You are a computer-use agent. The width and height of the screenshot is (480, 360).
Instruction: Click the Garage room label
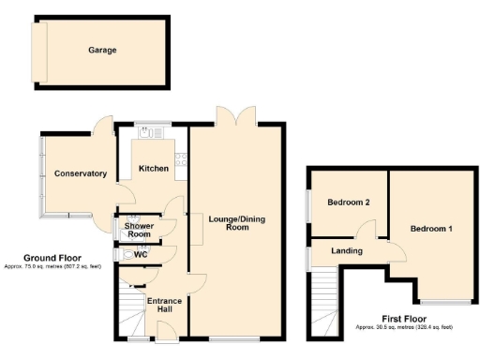[103, 50]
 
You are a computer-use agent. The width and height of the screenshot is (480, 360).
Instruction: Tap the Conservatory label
[80, 173]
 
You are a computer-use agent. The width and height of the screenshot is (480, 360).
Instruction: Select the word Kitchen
[154, 169]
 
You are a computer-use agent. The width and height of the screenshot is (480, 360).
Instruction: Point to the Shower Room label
[139, 230]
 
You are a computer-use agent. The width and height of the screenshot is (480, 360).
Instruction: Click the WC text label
[141, 254]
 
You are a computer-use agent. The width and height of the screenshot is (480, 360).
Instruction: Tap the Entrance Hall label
[165, 304]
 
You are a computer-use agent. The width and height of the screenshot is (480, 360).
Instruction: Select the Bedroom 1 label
[431, 229]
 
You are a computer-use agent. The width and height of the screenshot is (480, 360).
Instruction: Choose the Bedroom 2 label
[348, 202]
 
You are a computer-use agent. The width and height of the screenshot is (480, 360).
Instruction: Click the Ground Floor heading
[51, 258]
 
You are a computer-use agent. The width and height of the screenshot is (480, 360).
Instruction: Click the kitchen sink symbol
[149, 133]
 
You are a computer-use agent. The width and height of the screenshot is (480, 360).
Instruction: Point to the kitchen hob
[181, 169]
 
